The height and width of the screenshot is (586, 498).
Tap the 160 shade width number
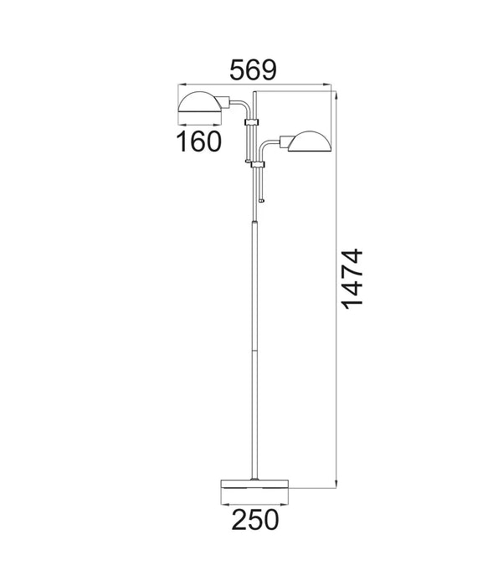(199, 141)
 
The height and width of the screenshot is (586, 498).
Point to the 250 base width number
(254, 521)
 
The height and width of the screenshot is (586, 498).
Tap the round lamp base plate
(254, 486)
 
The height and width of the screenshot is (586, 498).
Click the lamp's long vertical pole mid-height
(254, 335)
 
